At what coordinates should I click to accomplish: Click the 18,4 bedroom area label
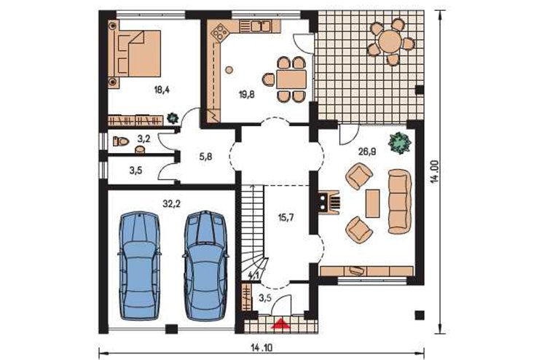(x=162, y=90)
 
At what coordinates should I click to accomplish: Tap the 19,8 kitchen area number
(x=247, y=95)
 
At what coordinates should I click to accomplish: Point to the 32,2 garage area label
(x=171, y=204)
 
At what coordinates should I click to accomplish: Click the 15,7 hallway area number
(x=286, y=217)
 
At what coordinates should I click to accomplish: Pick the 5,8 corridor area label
(x=205, y=157)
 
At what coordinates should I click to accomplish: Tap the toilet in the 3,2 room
(x=121, y=141)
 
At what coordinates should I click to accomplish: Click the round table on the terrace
(x=390, y=42)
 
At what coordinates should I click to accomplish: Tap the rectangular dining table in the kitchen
(x=291, y=79)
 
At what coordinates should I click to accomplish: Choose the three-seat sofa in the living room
(x=400, y=201)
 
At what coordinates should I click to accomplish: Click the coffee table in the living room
(x=373, y=203)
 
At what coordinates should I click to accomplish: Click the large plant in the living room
(x=399, y=143)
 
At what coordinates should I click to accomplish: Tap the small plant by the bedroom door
(x=172, y=118)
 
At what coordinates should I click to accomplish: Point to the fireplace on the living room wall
(x=328, y=202)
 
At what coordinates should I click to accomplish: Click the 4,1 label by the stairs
(x=253, y=275)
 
